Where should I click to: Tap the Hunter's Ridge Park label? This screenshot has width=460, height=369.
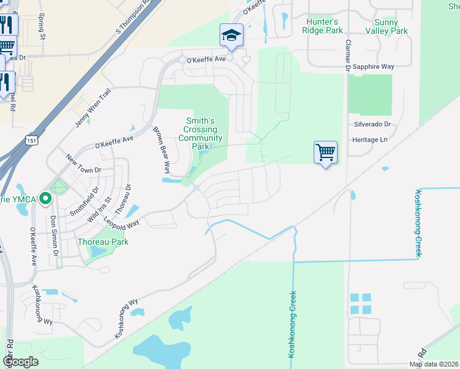(x=324, y=25)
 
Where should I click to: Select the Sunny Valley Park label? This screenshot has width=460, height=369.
(x=386, y=26)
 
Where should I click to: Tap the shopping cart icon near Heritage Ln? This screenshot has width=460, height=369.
(x=325, y=151)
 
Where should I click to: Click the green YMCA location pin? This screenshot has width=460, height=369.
(x=44, y=199)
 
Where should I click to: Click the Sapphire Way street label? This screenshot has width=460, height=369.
(x=372, y=66)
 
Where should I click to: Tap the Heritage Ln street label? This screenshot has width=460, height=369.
(x=371, y=140)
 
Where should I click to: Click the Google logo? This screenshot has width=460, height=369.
(x=20, y=362)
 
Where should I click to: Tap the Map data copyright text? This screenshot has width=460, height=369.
(x=434, y=364)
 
